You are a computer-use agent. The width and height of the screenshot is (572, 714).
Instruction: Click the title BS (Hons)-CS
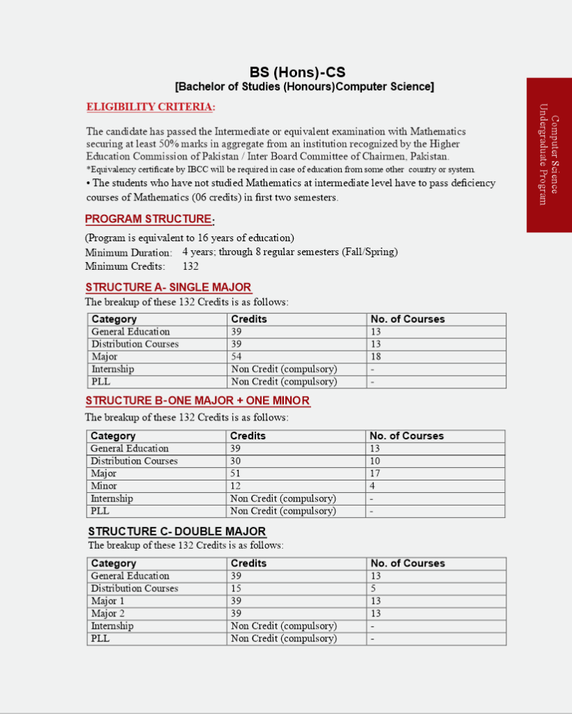coord(297,73)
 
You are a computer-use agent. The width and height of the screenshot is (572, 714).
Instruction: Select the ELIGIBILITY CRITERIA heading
coord(150,107)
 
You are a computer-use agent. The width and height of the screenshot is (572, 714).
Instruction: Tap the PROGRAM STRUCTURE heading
coord(149,219)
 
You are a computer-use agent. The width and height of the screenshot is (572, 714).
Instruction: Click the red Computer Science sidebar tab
coord(549,155)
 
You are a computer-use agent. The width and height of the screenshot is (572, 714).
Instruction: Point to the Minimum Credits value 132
coord(190,266)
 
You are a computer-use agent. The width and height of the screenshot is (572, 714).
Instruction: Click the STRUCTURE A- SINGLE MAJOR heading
coord(168,287)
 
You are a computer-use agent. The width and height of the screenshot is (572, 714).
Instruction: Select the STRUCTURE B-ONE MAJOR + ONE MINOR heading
coord(197,401)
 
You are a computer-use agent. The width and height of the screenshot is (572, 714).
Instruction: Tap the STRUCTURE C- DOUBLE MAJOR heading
coord(176,531)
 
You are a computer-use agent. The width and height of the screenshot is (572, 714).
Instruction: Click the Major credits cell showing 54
coord(236,357)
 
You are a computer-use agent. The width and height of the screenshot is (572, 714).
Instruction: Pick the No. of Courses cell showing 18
coord(376,357)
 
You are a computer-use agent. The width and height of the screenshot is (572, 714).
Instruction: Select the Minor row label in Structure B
coord(104,486)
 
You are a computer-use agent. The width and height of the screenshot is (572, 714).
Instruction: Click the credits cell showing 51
coord(236,473)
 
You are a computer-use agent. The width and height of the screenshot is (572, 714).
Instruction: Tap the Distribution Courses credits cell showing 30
coord(236,461)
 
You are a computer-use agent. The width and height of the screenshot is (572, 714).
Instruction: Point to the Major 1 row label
coord(108,601)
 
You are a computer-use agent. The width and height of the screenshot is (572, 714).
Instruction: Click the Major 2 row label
coord(108,614)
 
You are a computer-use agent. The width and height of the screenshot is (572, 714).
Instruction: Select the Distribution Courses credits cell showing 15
coord(236,588)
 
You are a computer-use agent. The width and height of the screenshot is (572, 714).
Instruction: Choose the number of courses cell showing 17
coord(375,473)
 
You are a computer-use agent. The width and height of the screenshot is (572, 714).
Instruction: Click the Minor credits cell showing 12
coord(236,486)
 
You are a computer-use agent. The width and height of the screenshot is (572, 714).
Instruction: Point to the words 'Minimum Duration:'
coord(128,253)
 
